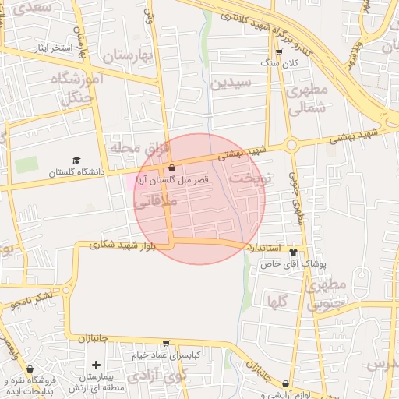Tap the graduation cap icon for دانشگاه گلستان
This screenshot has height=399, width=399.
(x=76, y=160)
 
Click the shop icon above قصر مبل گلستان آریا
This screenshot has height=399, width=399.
(x=171, y=168)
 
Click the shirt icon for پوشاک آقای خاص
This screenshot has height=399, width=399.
(x=293, y=252)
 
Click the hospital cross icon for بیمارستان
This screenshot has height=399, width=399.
(x=96, y=365)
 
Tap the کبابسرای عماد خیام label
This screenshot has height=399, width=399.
(x=165, y=355)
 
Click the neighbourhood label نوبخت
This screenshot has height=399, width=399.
(x=249, y=177)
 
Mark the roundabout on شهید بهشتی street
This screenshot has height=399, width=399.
(x=291, y=144)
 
